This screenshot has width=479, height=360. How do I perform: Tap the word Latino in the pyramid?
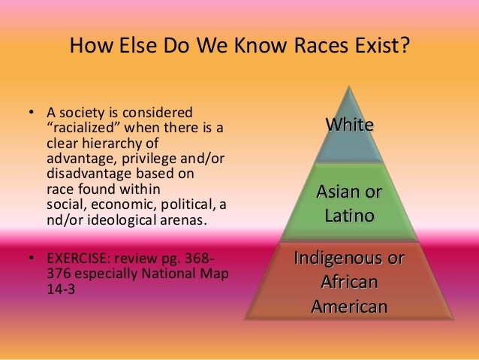(349, 216)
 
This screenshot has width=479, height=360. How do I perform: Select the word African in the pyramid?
(349, 283)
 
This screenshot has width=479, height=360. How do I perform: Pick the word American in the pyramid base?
(349, 306)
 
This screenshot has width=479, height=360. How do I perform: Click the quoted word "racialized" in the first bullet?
(84, 127)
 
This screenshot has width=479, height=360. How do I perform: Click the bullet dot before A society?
(31, 114)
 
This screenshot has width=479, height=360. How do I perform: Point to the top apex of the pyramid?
(348, 86)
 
